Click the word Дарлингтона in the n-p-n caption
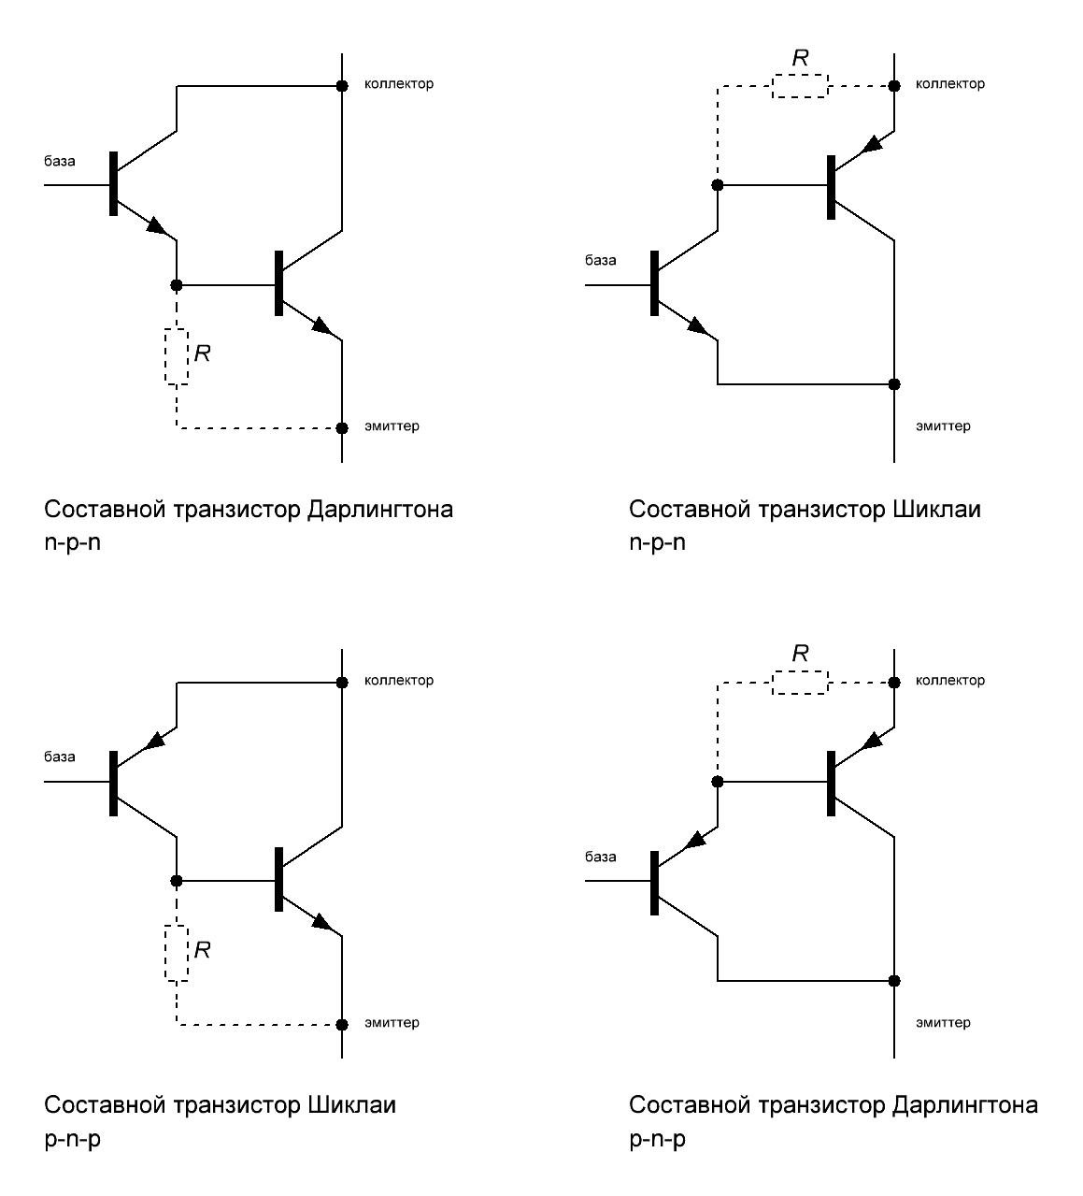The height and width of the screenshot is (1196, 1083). coord(379,510)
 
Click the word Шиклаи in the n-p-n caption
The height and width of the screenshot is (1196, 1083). coord(937,510)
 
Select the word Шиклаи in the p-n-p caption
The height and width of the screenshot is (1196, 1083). coord(351,1105)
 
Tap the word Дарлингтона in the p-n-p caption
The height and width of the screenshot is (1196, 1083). coord(965,1105)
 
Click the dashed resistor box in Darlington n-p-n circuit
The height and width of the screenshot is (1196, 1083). coord(177,356)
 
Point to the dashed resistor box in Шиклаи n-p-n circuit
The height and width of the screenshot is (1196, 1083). coord(800,86)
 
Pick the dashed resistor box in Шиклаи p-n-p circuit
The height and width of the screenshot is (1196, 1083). coord(177,953)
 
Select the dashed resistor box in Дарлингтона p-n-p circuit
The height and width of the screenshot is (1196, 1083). coord(800,683)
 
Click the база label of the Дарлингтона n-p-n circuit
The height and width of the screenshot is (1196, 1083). coord(60,161)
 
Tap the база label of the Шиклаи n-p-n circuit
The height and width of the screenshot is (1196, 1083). coord(601,260)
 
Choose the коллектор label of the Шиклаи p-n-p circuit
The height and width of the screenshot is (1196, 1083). coord(399,681)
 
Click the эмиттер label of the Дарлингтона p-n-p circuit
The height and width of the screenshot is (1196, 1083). coord(943,1022)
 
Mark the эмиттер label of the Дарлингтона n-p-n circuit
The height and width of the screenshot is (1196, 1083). coord(392,426)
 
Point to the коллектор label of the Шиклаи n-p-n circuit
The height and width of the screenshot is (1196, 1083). coord(950,84)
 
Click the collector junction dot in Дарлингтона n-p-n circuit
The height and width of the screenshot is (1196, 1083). coord(343,86)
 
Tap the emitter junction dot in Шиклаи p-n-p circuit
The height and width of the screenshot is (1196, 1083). coord(343,1023)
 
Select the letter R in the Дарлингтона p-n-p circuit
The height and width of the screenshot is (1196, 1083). coord(800,654)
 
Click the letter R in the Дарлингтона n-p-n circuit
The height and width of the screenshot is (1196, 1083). coord(202,353)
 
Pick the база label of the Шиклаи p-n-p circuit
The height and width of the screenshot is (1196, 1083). coord(60,757)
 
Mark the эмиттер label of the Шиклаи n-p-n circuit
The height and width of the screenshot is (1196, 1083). coord(943,426)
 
